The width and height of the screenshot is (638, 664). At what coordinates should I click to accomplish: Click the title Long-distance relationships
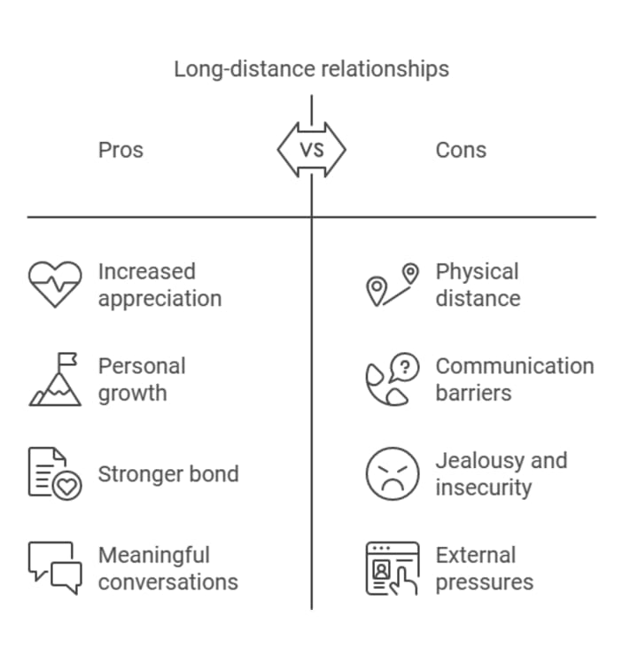(x=311, y=69)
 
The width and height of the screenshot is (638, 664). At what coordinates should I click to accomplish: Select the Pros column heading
(x=121, y=150)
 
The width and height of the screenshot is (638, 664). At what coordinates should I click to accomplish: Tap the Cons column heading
(x=461, y=150)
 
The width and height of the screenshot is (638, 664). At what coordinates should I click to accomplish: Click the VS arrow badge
(x=311, y=150)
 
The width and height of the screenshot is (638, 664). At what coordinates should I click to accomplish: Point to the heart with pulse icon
(x=55, y=285)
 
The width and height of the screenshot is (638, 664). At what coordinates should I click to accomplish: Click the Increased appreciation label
(x=159, y=285)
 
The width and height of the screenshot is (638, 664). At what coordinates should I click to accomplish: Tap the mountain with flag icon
(x=55, y=379)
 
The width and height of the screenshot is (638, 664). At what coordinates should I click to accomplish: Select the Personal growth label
(x=142, y=379)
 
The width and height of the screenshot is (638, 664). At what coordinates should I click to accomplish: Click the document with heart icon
(x=55, y=473)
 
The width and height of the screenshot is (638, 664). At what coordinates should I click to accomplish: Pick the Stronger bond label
(x=168, y=473)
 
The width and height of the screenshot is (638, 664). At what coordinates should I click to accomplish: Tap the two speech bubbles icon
(x=55, y=568)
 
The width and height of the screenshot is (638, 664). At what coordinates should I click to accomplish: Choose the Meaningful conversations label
(x=168, y=568)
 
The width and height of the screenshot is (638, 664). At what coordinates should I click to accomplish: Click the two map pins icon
(x=393, y=285)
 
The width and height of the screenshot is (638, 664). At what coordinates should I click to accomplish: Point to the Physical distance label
(x=478, y=285)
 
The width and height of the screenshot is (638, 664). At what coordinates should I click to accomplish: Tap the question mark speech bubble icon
(x=393, y=379)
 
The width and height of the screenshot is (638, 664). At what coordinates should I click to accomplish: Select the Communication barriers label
(x=515, y=379)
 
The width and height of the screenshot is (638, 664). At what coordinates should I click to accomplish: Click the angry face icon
(x=393, y=473)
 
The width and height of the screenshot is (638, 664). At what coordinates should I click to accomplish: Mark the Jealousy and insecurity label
(x=502, y=473)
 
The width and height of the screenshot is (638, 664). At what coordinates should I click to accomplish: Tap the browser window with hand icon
(x=393, y=568)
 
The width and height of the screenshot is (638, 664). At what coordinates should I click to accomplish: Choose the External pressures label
(x=485, y=568)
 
